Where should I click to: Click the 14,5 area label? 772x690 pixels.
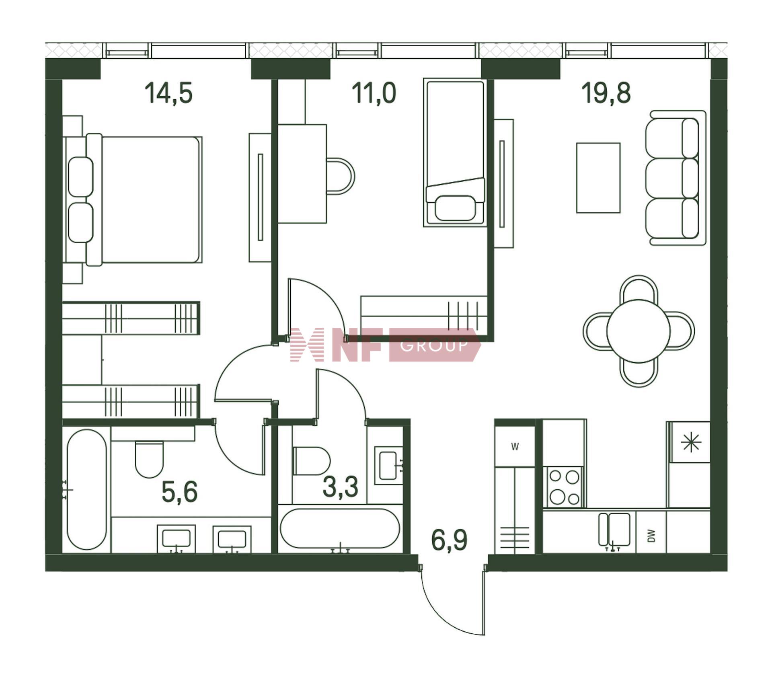[168, 93]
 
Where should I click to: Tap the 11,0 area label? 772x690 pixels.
[374, 93]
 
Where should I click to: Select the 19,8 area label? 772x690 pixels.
[606, 93]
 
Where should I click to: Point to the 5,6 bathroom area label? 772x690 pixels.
[179, 492]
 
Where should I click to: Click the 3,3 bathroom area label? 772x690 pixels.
[340, 487]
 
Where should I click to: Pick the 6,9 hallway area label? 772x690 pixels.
[449, 540]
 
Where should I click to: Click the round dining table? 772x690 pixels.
[639, 331]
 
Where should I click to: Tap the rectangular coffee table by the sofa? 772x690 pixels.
[598, 178]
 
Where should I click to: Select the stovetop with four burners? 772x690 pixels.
[563, 487]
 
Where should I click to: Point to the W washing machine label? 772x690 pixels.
[515, 446]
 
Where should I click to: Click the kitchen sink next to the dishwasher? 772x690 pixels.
[614, 530]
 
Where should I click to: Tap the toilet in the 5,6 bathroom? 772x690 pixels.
[149, 459]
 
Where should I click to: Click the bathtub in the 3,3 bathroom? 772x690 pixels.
[340, 528]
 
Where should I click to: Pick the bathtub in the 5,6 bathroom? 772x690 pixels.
[87, 489]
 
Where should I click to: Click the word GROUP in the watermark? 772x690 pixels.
[434, 345]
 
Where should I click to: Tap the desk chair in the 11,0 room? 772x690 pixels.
[340, 176]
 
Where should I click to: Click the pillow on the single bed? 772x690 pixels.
[455, 208]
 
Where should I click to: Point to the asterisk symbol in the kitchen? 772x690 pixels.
[691, 443]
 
